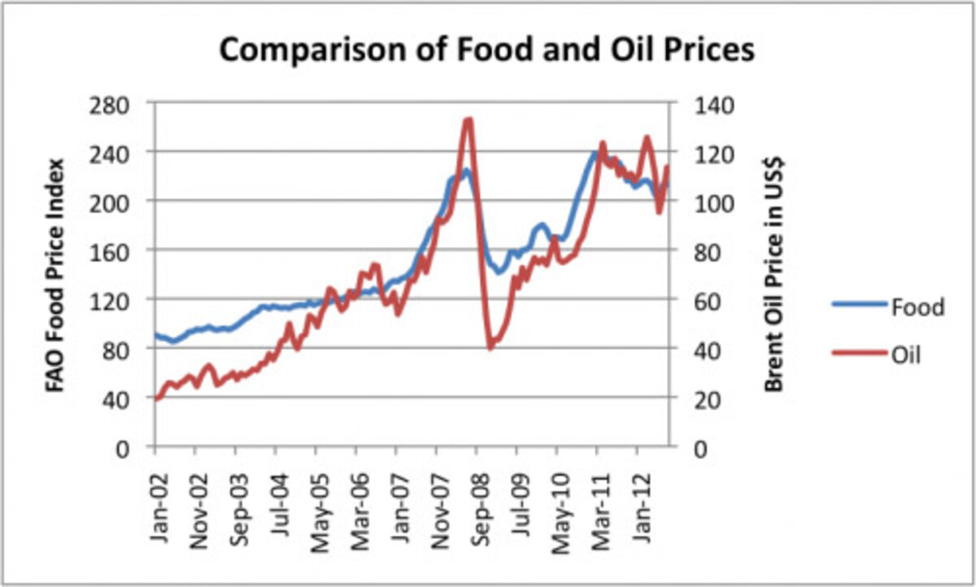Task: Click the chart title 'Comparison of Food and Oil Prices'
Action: (487, 50)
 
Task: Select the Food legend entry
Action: (917, 307)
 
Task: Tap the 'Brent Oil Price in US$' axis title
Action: (773, 274)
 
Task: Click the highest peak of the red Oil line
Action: (468, 120)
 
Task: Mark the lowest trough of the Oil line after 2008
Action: (490, 348)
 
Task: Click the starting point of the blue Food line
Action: (155, 334)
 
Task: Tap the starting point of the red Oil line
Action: (156, 398)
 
